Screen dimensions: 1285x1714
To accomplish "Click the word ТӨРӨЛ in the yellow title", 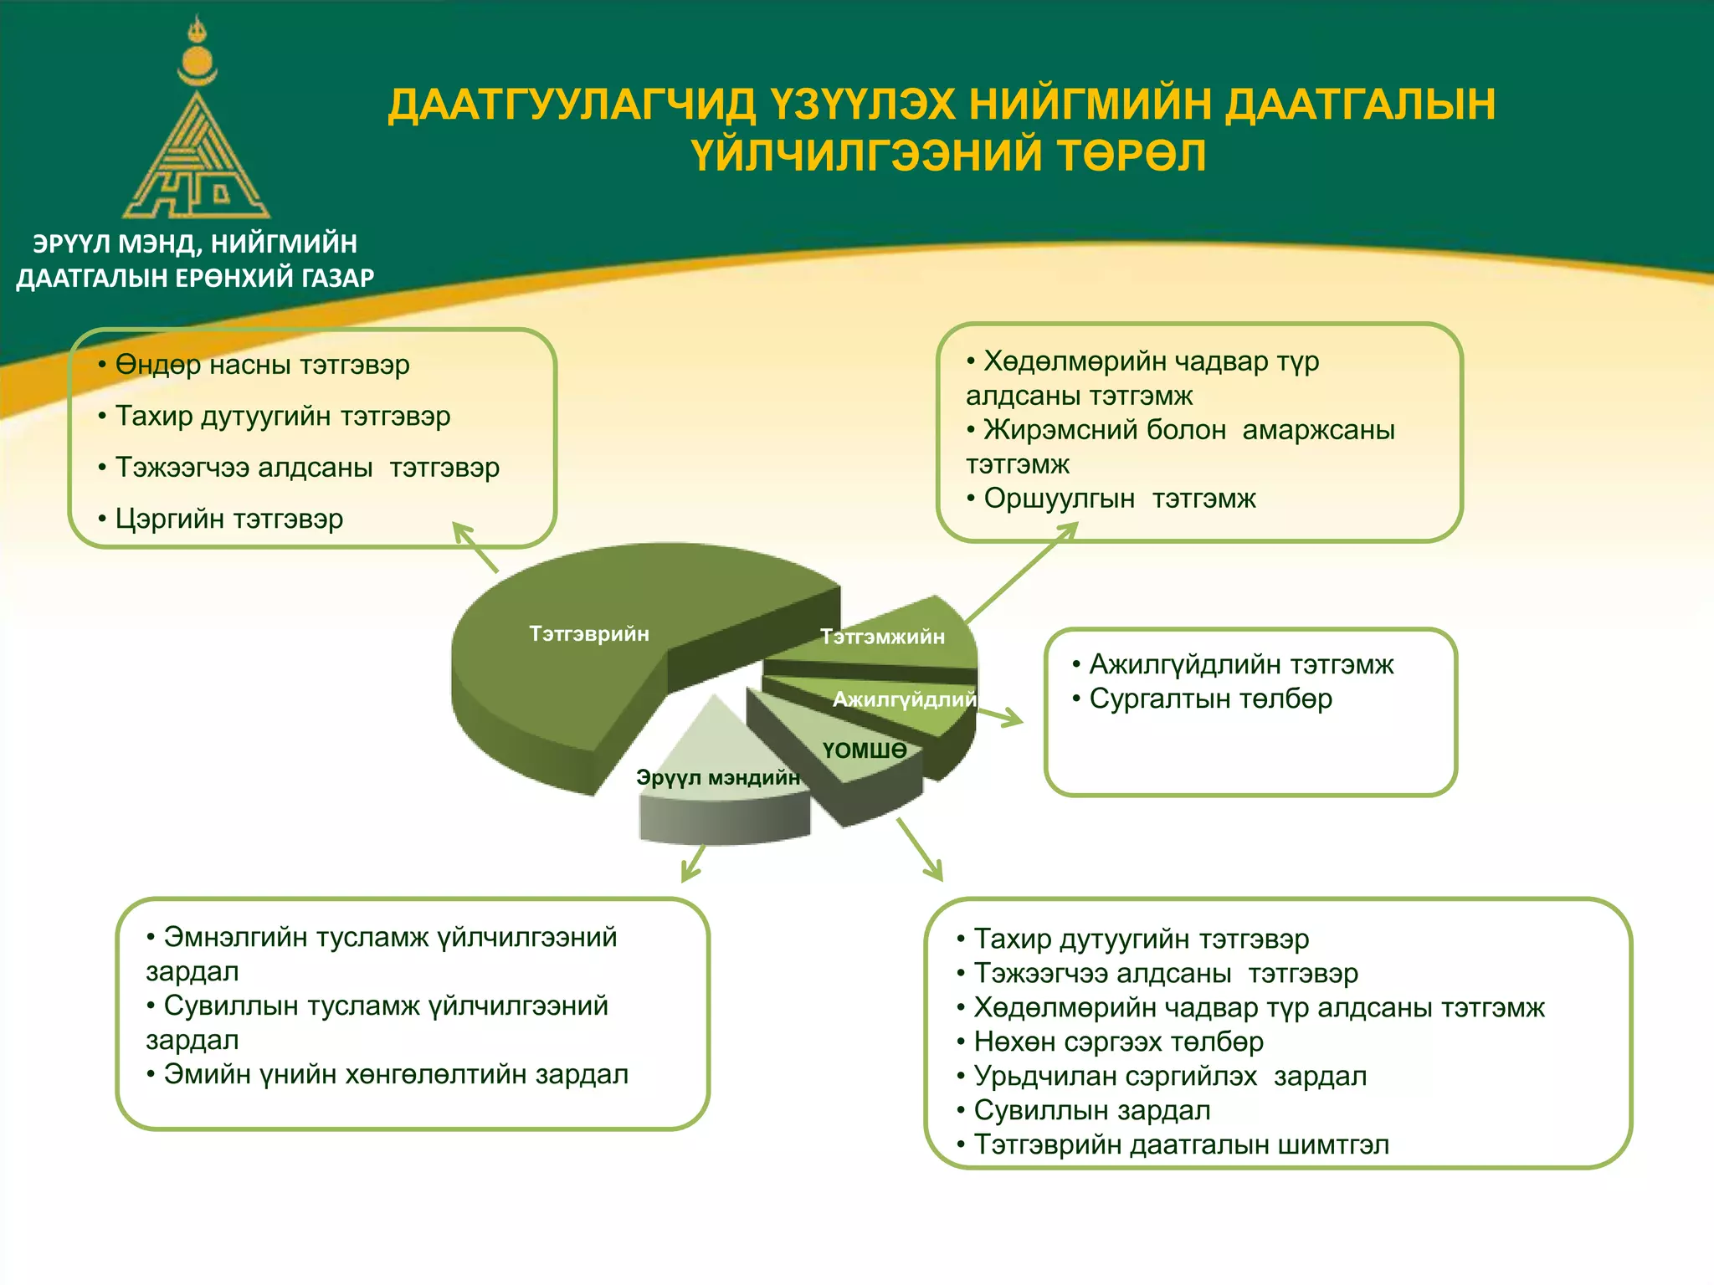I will tap(1131, 156).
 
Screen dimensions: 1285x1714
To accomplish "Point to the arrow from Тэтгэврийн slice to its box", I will tap(475, 548).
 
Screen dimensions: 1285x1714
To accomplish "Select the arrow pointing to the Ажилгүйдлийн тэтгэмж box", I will tap(999, 717).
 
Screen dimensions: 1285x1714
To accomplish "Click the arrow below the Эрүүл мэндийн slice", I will tap(693, 863).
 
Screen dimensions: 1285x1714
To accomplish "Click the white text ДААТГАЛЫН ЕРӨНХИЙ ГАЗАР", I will tap(195, 278).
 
